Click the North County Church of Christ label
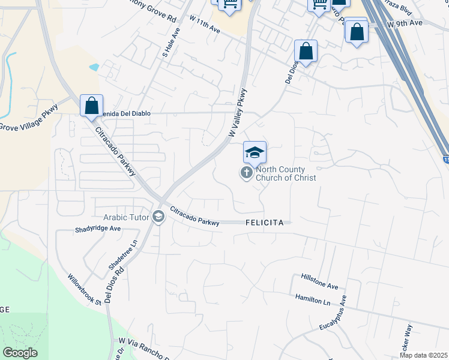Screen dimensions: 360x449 pos(286,173)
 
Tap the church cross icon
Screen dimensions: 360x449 pos(246,173)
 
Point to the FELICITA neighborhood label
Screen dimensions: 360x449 pos(265,223)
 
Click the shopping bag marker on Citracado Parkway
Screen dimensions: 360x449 pos(91,106)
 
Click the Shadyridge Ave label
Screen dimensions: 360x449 pos(98,229)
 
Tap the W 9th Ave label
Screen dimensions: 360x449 pos(405,23)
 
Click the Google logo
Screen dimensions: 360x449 pos(20,353)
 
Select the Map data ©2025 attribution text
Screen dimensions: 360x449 pos(423,355)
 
